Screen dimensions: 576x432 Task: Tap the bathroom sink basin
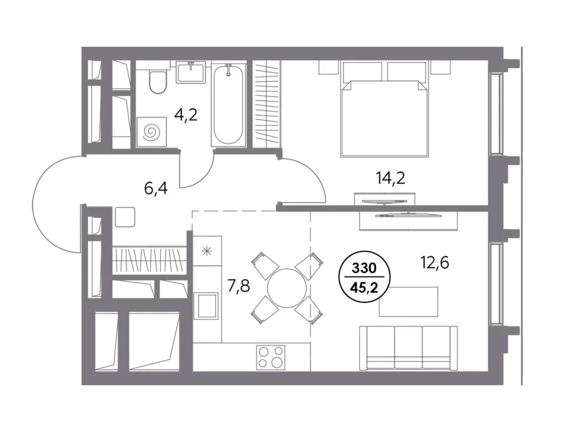(190, 73)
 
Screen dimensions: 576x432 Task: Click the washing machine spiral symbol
(151, 131)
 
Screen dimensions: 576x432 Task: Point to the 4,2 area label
(186, 115)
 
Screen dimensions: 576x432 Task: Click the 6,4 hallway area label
(156, 188)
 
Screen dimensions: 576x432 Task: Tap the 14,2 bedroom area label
(390, 178)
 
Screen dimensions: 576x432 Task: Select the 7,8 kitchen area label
(239, 286)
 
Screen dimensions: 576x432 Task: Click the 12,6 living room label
(435, 263)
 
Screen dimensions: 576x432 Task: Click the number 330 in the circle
(364, 268)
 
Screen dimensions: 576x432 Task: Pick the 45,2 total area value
(364, 287)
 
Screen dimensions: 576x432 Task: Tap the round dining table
(287, 288)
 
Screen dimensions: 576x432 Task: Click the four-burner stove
(271, 358)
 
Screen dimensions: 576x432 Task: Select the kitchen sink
(206, 305)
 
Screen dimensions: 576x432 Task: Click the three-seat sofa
(409, 347)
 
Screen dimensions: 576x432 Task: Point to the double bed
(385, 109)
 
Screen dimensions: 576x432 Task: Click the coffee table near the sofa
(409, 302)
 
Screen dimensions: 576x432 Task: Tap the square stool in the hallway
(125, 217)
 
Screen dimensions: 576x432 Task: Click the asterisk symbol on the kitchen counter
(207, 251)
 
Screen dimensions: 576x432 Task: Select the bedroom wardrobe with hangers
(266, 104)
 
